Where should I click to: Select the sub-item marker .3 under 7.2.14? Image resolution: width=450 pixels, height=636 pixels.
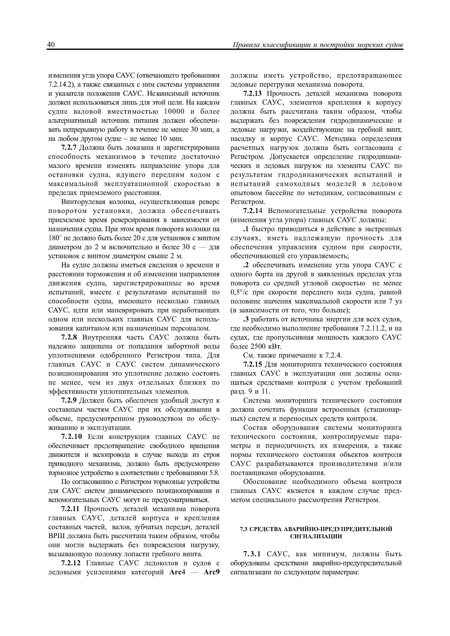tap(245, 319)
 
